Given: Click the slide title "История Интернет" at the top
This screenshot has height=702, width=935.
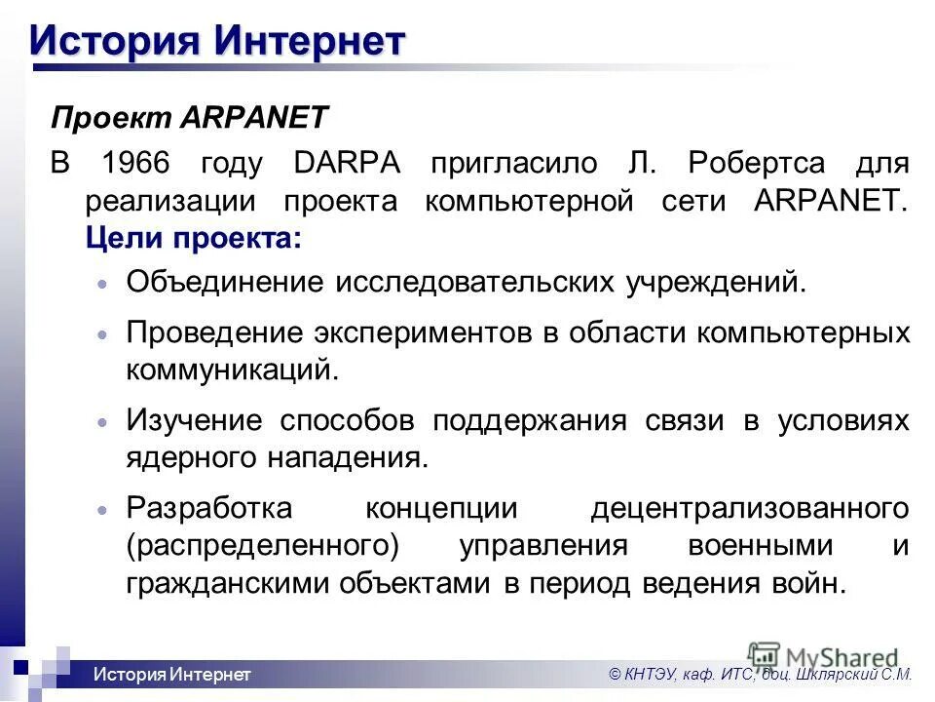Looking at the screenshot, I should pos(216,40).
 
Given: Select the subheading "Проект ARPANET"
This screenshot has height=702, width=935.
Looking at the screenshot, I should pos(190,118).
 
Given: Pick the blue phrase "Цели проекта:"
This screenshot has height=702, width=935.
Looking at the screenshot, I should pos(193,238).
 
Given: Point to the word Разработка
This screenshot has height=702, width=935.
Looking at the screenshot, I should pos(208,508).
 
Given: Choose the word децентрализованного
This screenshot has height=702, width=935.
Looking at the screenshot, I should pos(750,508).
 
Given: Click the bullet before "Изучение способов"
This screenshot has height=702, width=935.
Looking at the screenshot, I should pos(103,423).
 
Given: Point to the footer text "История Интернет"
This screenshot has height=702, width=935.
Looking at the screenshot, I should pos(172,675).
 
